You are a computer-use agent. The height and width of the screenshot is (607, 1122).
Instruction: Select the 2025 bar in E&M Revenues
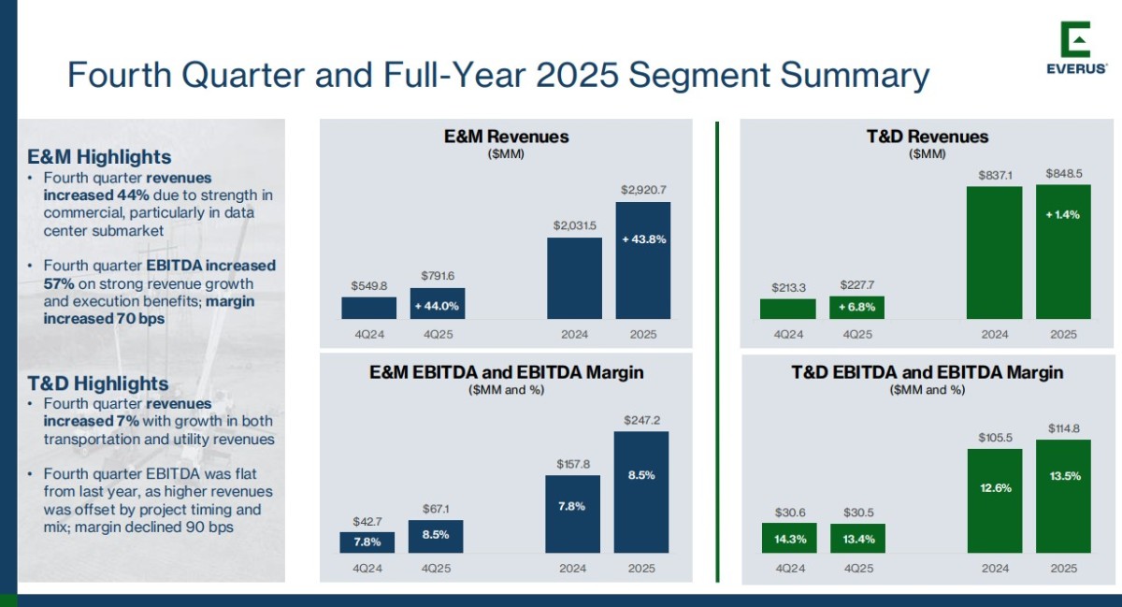coord(642,261)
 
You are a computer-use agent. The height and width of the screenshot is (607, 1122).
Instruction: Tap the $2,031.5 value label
coord(573,225)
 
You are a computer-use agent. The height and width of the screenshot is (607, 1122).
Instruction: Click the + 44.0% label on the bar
coord(437,306)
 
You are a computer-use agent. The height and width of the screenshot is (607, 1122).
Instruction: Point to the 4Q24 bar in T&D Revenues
coord(787,309)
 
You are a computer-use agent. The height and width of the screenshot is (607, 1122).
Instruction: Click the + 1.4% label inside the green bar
coord(1063,214)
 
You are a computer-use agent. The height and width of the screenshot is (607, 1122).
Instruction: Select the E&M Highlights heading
coord(99,156)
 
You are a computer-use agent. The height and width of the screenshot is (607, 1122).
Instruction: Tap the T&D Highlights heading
coord(98,383)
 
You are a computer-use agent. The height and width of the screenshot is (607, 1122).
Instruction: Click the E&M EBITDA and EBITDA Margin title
coord(506,372)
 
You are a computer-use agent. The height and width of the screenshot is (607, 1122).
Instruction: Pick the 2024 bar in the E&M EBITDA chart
coord(573,513)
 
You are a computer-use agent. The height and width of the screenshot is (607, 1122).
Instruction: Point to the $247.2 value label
coord(641,420)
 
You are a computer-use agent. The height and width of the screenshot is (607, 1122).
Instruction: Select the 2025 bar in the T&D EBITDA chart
coord(1063,496)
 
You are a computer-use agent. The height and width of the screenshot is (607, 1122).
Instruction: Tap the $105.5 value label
coord(994,438)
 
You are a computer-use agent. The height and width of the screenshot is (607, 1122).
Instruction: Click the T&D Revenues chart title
coord(927,137)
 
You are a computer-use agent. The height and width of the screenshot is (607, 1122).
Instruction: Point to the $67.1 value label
coord(436,509)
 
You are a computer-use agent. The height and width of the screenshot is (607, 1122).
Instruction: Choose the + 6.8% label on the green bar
coord(856,308)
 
